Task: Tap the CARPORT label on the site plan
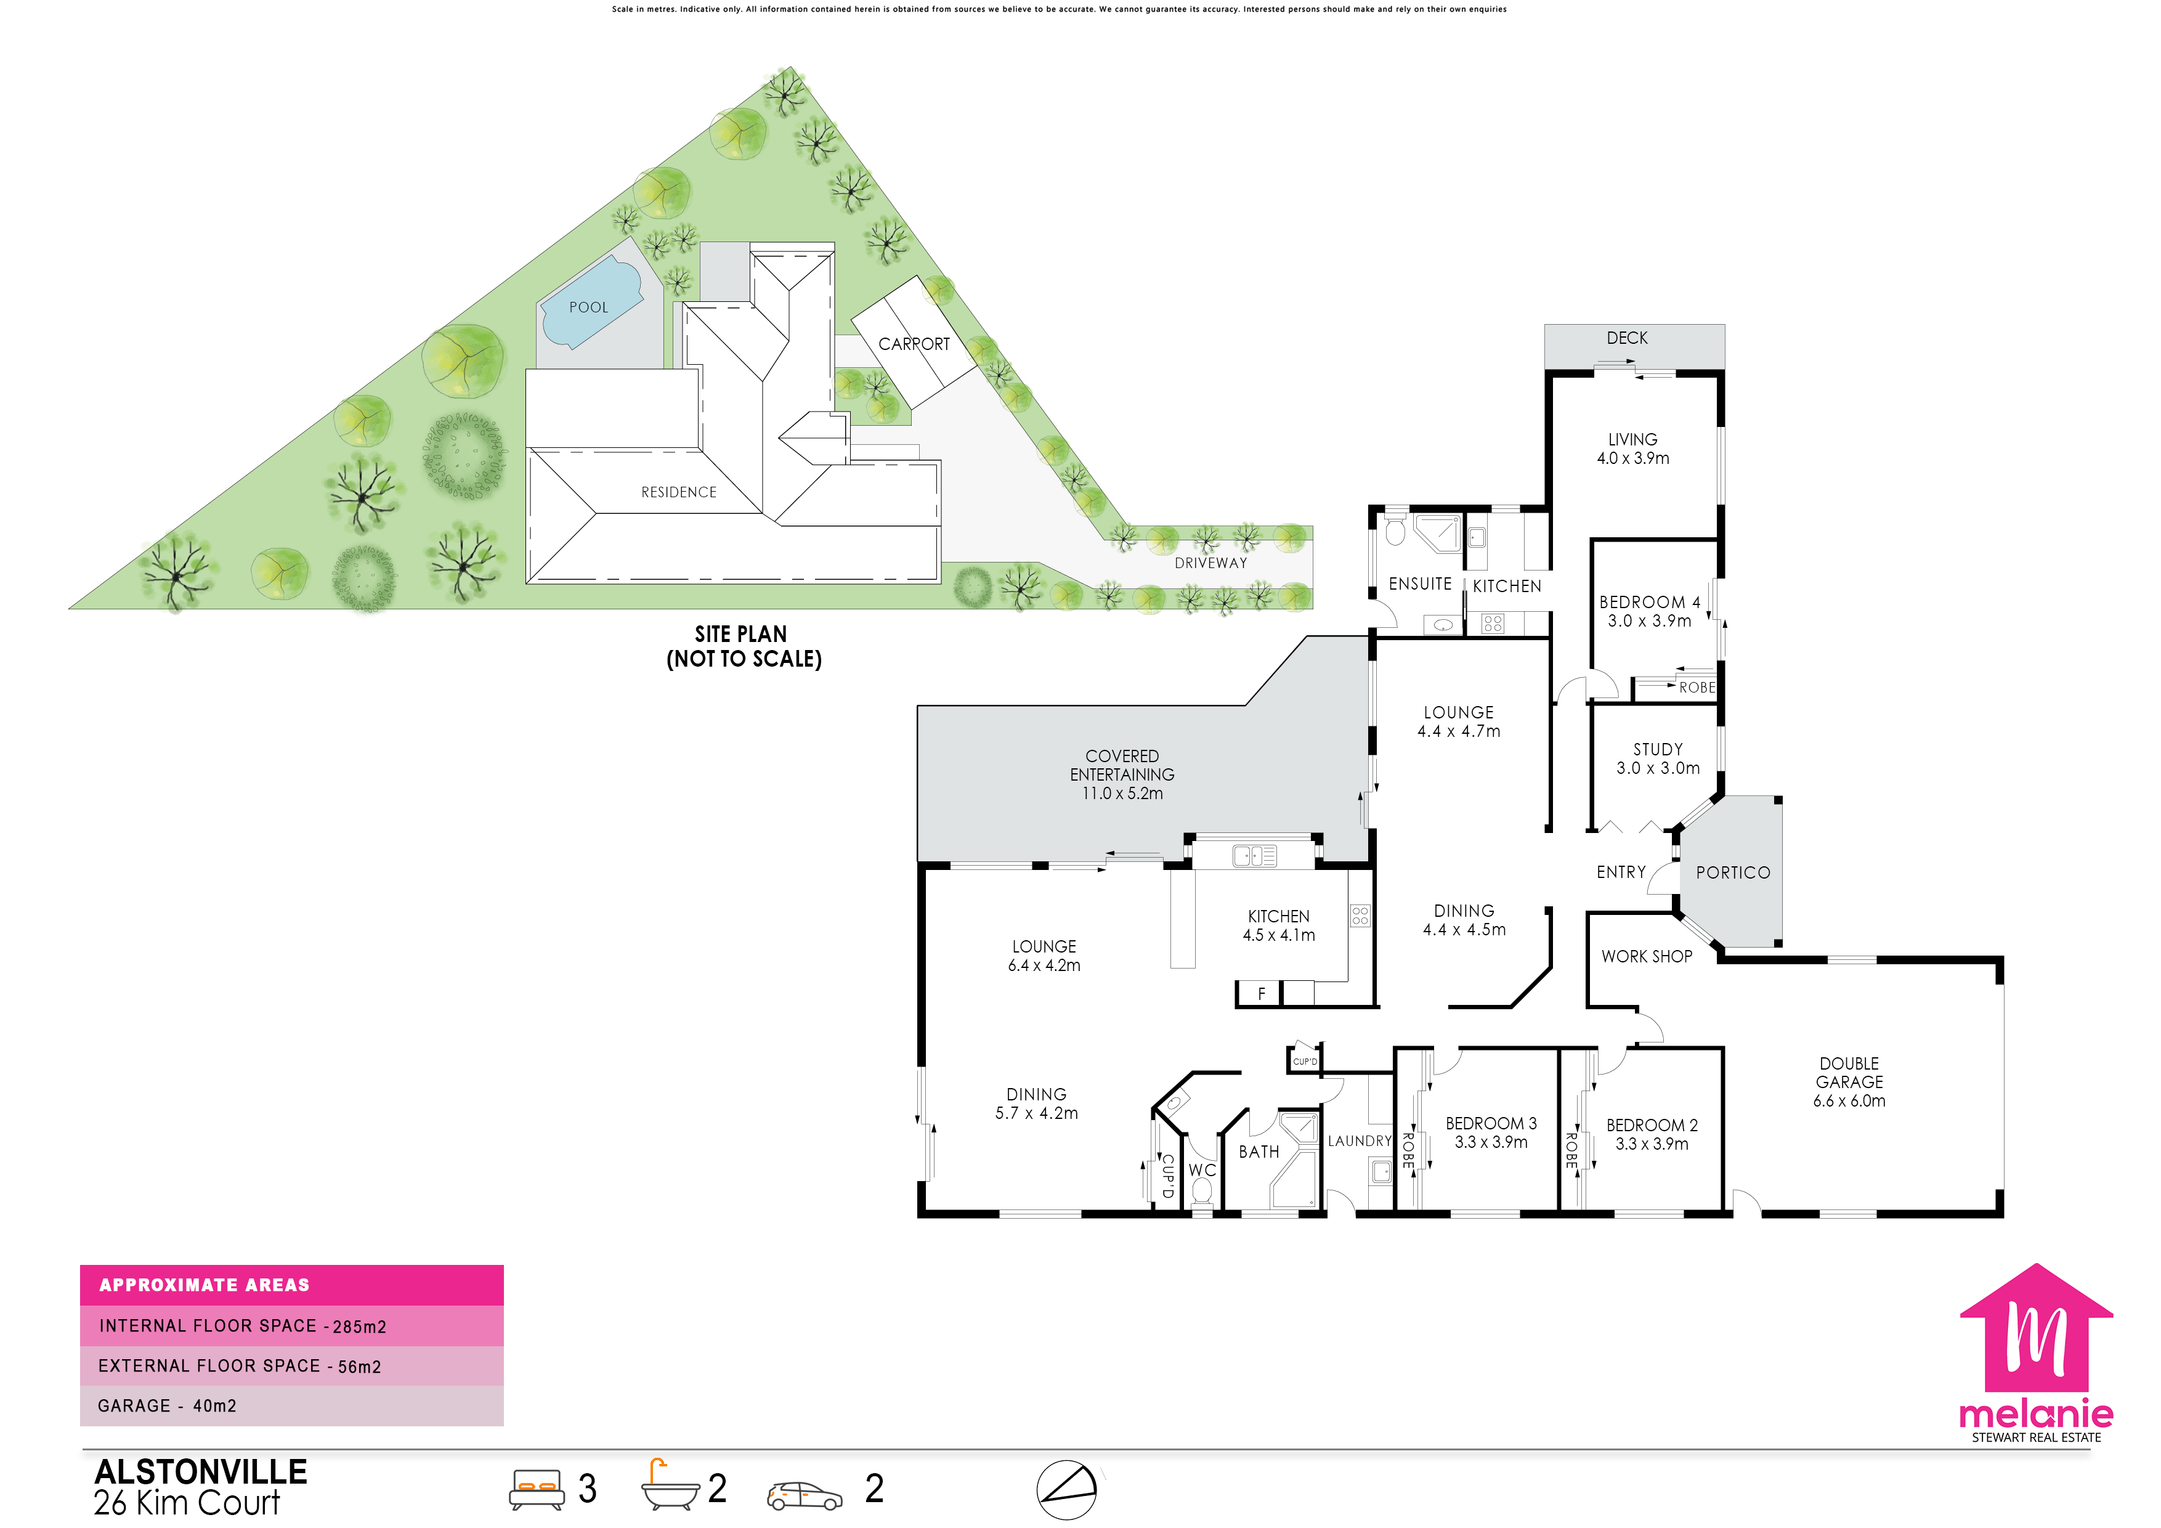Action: point(914,344)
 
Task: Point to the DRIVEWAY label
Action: point(1210,563)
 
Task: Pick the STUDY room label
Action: point(1658,749)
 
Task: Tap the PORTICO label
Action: point(1733,872)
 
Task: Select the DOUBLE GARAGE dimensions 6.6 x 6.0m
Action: point(1849,1100)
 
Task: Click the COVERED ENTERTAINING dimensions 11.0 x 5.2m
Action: point(1122,794)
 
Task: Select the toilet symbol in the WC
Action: point(1202,1191)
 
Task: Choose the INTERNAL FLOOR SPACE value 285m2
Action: point(360,1327)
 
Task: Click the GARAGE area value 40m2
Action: point(214,1405)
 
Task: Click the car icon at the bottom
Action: point(805,1496)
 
